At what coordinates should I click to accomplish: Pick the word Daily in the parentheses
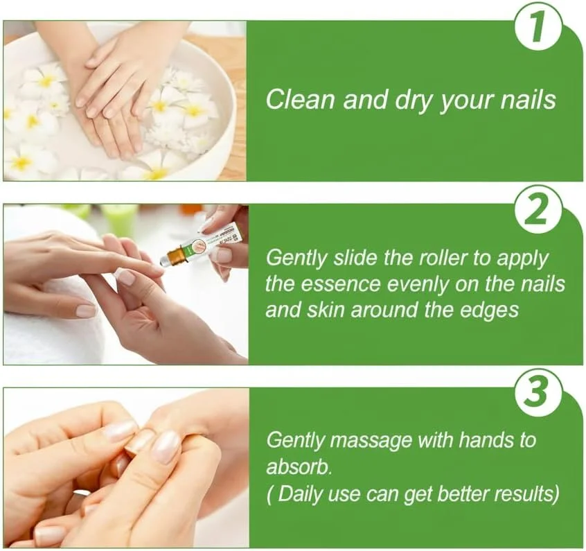click(x=300, y=493)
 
